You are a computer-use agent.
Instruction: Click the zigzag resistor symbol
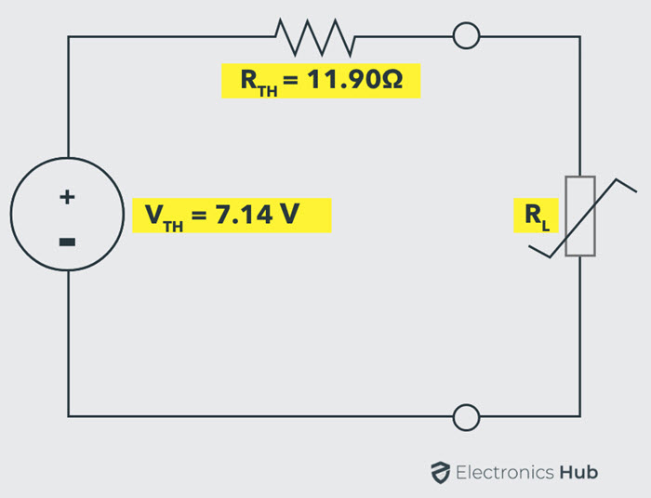click(x=314, y=37)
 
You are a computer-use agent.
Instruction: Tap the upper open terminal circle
click(x=466, y=23)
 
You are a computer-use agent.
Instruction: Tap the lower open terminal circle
click(x=466, y=405)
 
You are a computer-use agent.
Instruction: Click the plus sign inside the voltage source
click(x=67, y=197)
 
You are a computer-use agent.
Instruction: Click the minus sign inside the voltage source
click(x=67, y=242)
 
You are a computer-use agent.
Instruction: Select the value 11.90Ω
click(x=355, y=79)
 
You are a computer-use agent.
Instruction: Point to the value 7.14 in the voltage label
click(x=245, y=214)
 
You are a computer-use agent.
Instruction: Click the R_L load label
click(x=537, y=216)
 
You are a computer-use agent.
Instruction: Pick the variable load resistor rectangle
click(x=580, y=177)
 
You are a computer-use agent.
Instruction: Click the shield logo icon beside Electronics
click(x=440, y=472)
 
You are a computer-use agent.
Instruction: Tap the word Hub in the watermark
click(x=578, y=472)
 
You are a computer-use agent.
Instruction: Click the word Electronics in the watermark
click(x=505, y=472)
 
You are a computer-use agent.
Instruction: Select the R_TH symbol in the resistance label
click(x=259, y=82)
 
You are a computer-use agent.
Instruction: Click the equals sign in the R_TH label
click(x=290, y=80)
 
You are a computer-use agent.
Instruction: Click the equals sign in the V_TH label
click(x=199, y=215)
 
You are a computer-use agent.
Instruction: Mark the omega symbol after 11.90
click(x=392, y=79)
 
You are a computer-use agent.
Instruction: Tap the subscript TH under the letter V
click(x=173, y=227)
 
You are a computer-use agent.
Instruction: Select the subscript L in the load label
click(x=546, y=226)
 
